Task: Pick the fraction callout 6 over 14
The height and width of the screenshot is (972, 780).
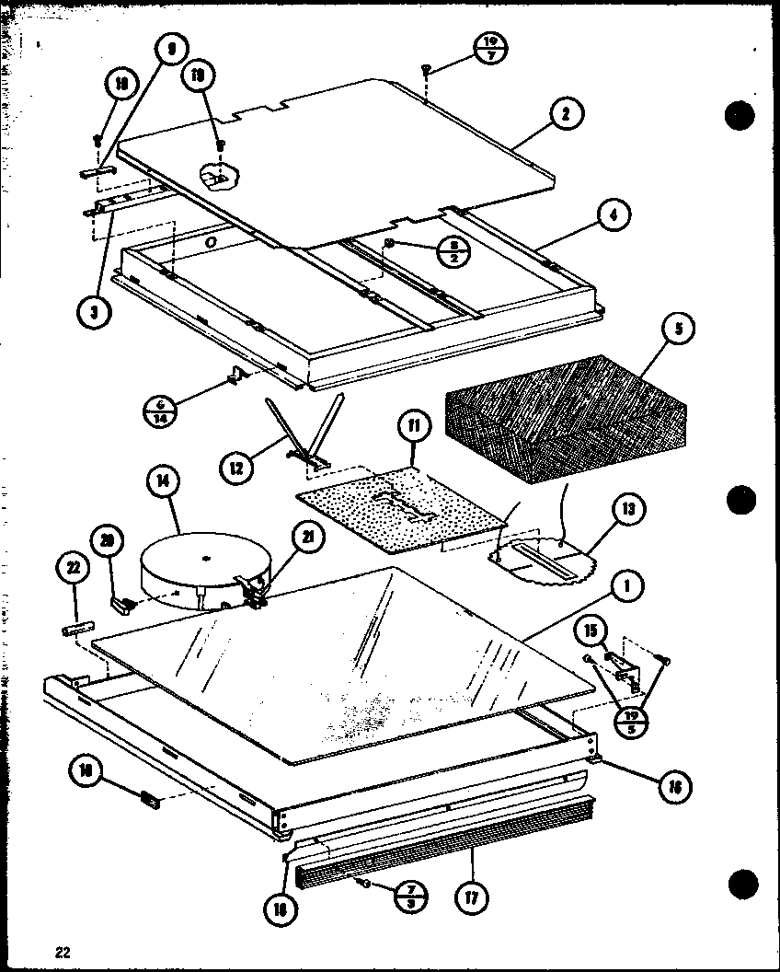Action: [x=162, y=408]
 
